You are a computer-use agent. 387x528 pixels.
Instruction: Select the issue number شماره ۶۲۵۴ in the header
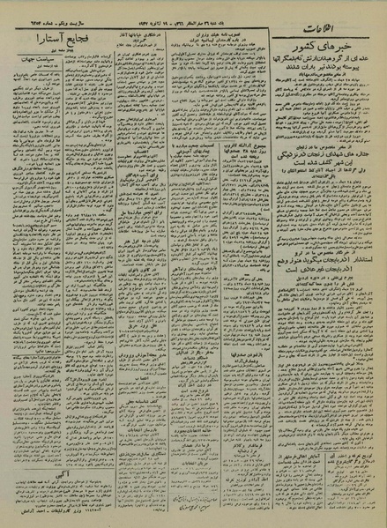point(48,15)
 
